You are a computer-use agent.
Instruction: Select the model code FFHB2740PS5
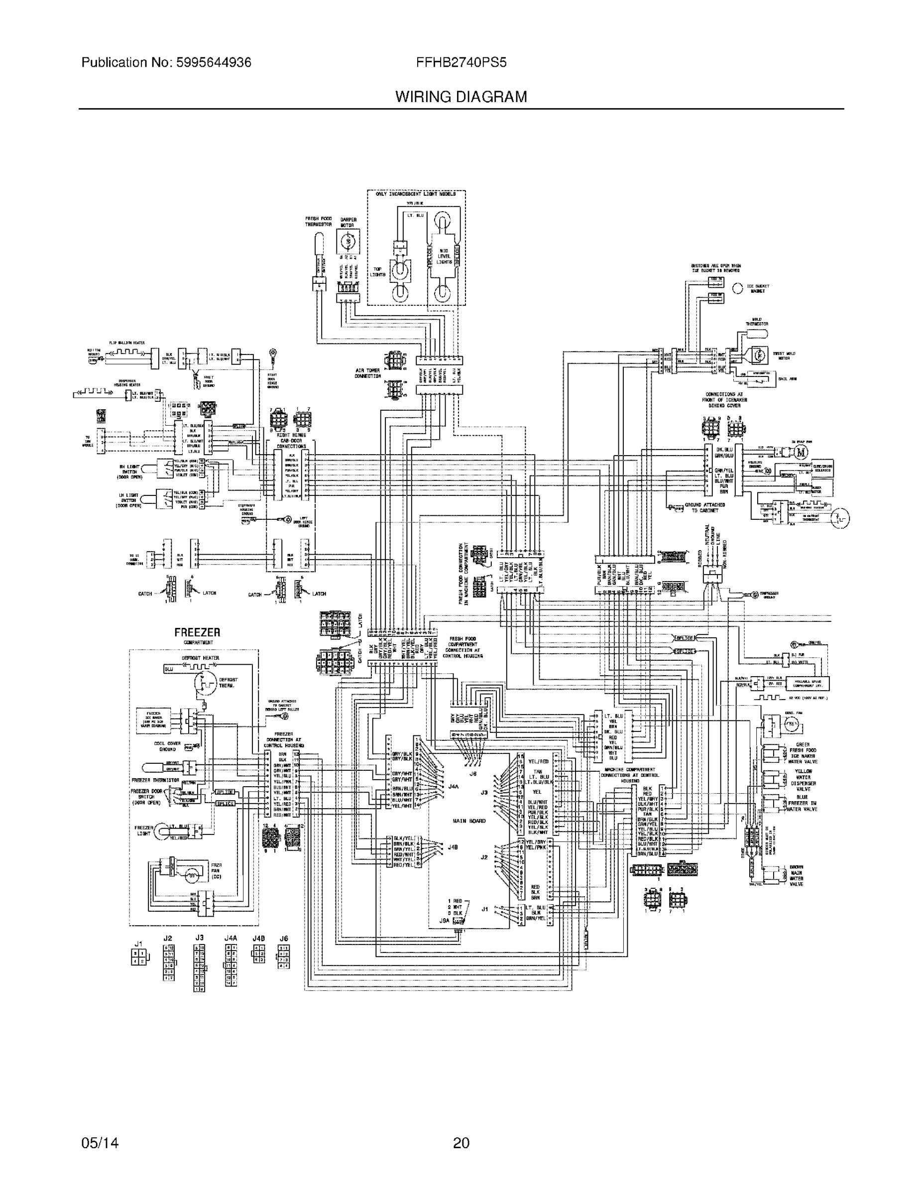[x=461, y=63]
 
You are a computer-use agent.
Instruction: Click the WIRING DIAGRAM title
[x=461, y=98]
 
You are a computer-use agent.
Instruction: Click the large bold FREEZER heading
[x=197, y=632]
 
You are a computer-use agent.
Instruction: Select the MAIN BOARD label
[x=469, y=821]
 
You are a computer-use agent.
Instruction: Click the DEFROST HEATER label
[x=200, y=658]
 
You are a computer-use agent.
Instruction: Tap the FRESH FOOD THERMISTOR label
[x=319, y=222]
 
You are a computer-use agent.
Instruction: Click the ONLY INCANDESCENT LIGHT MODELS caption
[x=416, y=194]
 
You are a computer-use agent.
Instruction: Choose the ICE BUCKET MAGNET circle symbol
[x=737, y=288]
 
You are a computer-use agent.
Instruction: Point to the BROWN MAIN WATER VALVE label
[x=796, y=875]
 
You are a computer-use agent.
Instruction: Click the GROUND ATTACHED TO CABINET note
[x=707, y=507]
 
